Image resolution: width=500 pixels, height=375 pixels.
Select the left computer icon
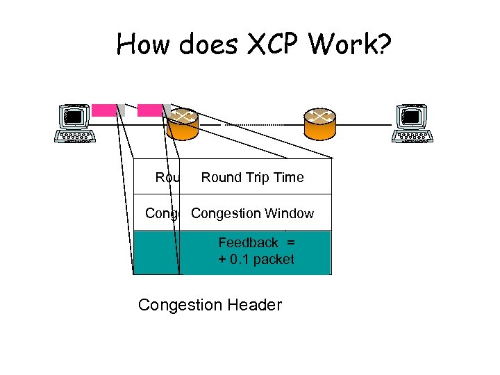(74, 123)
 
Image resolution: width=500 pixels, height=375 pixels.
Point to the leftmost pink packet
(104, 110)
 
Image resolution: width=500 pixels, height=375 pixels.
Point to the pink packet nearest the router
(149, 110)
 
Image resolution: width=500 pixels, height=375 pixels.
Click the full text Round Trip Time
(252, 178)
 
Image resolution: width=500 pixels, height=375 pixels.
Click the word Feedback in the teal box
(248, 242)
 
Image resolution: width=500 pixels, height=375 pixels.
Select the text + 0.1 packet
(256, 260)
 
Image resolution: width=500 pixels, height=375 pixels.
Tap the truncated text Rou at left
(167, 178)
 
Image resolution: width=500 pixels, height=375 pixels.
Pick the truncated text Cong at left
(161, 214)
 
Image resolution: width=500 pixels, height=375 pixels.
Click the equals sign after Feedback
(290, 242)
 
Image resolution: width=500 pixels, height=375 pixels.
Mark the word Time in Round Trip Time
(290, 178)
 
